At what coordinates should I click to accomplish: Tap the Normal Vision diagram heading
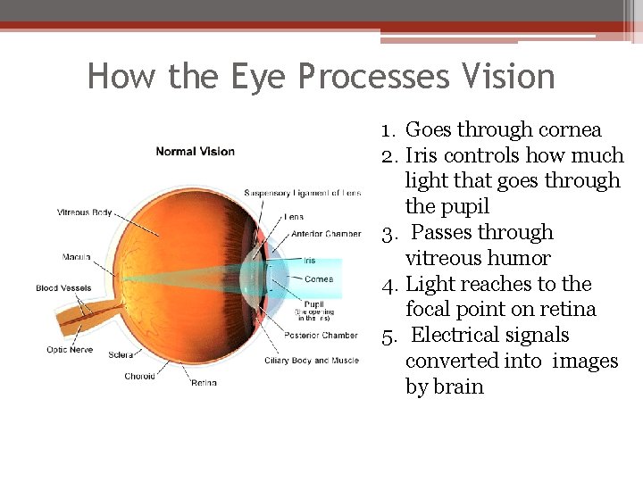pos(195,151)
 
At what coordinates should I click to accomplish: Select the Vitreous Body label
pos(84,212)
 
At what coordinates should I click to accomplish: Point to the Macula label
pos(76,257)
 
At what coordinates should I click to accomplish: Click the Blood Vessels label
pos(65,287)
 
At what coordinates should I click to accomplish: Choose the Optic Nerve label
pos(70,349)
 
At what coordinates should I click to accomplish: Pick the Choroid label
pos(139,376)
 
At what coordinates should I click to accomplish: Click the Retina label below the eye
pos(204,383)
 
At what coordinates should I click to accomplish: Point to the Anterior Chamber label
pos(326,234)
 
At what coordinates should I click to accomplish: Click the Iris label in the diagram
pos(309,260)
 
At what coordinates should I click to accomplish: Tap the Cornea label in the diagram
pos(319,279)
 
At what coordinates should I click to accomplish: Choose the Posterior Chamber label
pos(322,336)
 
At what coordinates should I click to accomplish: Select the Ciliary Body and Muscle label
pos(312,361)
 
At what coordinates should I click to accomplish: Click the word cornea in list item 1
pos(567,130)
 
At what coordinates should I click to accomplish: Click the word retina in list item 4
pos(567,310)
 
